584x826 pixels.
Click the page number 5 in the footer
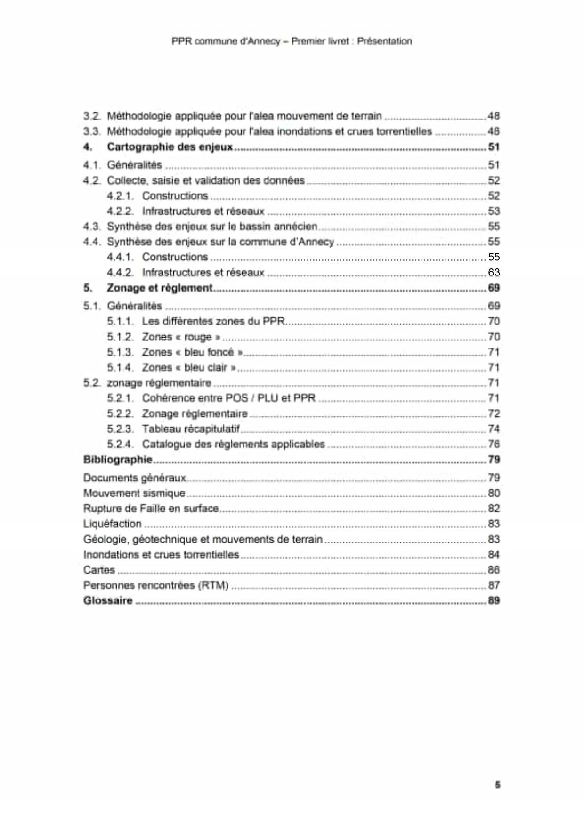pos(497,785)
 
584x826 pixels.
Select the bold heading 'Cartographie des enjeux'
pos(170,147)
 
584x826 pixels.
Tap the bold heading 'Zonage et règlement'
pos(160,288)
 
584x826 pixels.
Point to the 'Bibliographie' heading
pos(118,460)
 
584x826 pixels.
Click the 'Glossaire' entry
pos(108,600)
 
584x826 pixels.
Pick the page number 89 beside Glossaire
pos(494,600)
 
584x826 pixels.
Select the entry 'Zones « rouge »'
pos(181,337)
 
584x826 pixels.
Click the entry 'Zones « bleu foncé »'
pos(192,352)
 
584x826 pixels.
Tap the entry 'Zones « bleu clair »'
pos(189,367)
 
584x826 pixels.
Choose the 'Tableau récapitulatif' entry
pos(191,429)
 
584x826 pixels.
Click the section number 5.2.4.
pos(120,444)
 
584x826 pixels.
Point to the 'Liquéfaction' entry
pos(112,524)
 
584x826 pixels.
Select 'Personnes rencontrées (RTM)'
pos(156,585)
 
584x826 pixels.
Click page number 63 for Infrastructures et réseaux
pos(494,273)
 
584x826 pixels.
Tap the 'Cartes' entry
pos(99,570)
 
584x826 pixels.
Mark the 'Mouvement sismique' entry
pos(134,493)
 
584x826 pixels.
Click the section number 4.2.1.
pos(120,196)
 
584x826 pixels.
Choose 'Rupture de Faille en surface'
pos(151,509)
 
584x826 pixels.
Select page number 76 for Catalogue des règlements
pos(494,444)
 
